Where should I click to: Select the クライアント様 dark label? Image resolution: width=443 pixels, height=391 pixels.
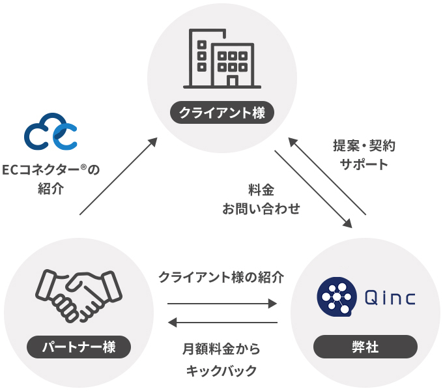(x=222, y=113)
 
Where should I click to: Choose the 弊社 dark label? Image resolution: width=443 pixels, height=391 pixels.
(x=365, y=347)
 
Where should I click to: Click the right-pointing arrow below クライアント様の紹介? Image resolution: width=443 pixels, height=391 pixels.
(x=222, y=303)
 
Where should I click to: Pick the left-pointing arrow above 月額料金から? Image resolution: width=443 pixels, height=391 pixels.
(x=222, y=322)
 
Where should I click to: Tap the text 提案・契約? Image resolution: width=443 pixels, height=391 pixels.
(x=364, y=145)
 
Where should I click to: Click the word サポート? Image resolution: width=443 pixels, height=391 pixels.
(x=364, y=164)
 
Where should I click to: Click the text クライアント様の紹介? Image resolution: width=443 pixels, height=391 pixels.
(x=221, y=277)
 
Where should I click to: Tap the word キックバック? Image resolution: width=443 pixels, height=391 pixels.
(x=221, y=371)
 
